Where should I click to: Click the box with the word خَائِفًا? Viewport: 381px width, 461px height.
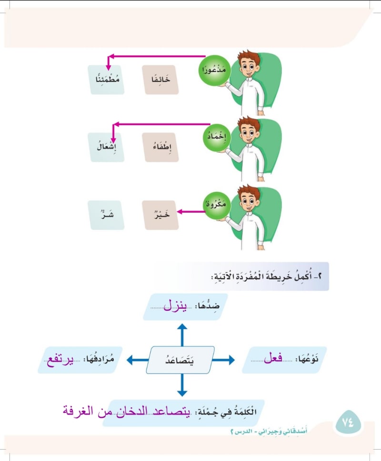[x=160, y=79]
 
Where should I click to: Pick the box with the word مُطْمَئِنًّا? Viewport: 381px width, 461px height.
[x=106, y=79]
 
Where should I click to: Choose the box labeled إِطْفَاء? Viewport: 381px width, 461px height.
[x=160, y=147]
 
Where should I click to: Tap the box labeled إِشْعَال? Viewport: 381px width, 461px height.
[x=106, y=147]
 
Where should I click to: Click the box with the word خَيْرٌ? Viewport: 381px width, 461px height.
[x=160, y=215]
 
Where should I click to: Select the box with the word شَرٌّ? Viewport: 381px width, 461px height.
[x=106, y=215]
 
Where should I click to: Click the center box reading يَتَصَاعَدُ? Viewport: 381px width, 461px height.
[x=180, y=360]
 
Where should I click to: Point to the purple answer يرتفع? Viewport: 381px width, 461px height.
[x=60, y=360]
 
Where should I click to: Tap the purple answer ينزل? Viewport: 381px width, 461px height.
[x=175, y=305]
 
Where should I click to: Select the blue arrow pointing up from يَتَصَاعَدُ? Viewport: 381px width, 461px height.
[x=182, y=335]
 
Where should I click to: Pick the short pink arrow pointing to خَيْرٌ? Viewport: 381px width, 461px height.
[x=191, y=212]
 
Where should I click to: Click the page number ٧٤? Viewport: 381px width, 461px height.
[x=348, y=423]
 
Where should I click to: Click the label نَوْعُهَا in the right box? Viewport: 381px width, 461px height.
[x=308, y=359]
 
